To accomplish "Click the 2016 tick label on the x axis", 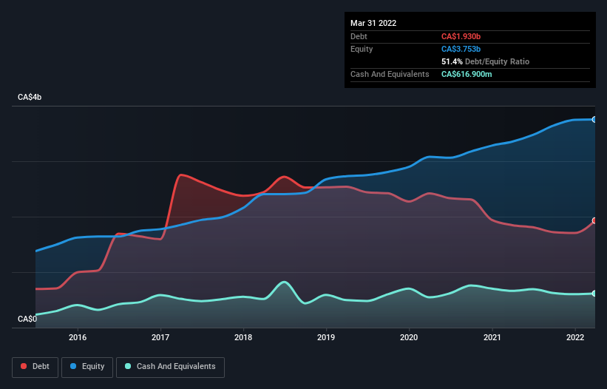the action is tap(78, 337).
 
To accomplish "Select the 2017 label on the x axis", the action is tap(160, 337).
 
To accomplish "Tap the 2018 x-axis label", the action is tap(243, 337).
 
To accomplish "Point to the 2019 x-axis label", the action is tap(326, 337).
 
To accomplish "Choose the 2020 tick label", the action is tap(409, 337).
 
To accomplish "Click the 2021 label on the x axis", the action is tap(492, 337).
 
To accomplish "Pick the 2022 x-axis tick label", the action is tap(575, 337).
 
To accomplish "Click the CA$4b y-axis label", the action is tap(30, 97).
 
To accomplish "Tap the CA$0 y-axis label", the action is tap(27, 319).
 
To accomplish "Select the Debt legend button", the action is tap(35, 367).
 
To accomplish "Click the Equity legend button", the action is tap(87, 367).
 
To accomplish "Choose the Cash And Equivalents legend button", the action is tap(170, 367).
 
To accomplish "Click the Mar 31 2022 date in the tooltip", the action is tap(373, 23).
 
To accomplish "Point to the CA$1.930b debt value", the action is tap(461, 36).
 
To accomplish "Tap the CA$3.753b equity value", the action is tap(461, 49).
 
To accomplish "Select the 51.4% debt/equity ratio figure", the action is tap(452, 61).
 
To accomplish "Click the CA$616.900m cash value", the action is tap(467, 74).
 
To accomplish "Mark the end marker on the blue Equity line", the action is tap(594, 120).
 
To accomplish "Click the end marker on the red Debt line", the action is tap(594, 220).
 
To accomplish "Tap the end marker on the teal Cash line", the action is tap(594, 294).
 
